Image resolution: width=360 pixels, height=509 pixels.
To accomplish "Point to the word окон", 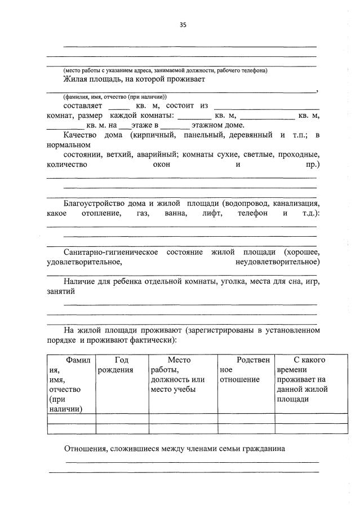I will click(162, 165).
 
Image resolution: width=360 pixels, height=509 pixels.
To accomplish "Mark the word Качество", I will click(80, 135).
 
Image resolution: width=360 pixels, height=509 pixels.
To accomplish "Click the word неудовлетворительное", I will click(278, 262).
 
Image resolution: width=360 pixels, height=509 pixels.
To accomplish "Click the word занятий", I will click(60, 292).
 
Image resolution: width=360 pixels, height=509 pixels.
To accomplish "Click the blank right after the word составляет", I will click(118, 105).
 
